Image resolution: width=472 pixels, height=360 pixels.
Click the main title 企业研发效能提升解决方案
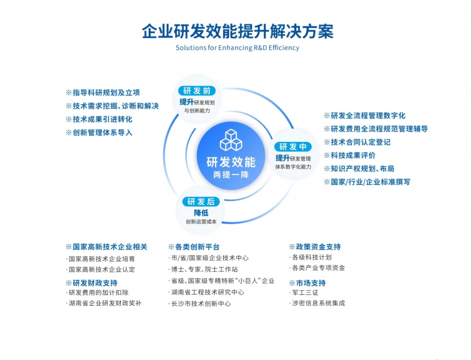(237, 31)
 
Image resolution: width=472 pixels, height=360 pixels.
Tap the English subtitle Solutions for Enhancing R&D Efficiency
(237, 48)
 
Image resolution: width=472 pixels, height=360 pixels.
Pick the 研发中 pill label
(293, 147)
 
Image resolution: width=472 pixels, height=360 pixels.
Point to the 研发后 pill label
(201, 201)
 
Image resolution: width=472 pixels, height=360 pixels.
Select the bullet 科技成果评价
(350, 155)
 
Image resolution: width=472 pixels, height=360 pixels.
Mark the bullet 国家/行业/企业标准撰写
(367, 182)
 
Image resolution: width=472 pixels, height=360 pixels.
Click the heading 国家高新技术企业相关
(107, 247)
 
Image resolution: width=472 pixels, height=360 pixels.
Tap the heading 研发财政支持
(92, 283)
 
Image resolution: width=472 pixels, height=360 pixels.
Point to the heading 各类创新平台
(194, 247)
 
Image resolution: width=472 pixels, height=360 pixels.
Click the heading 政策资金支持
(315, 247)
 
